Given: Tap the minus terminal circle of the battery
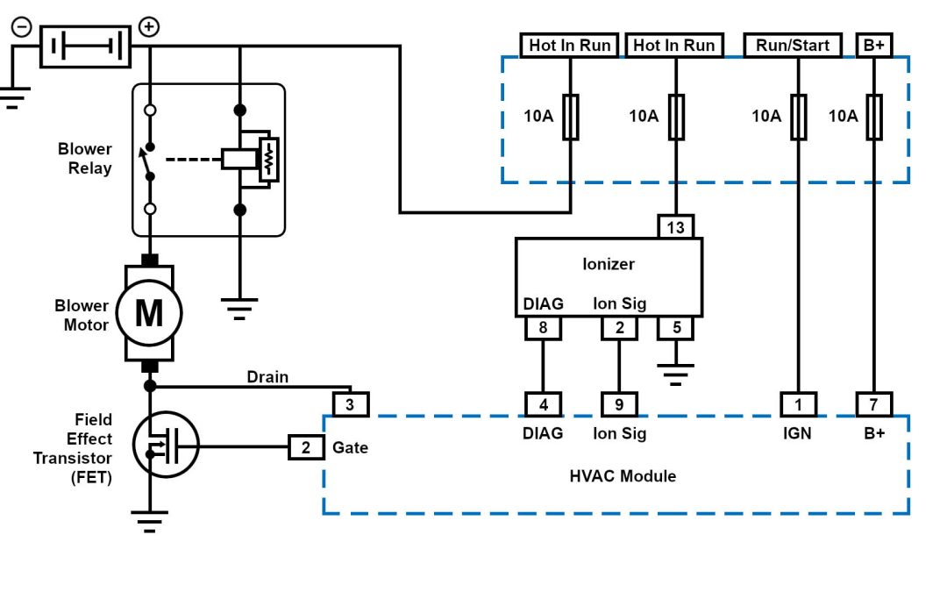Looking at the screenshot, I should pos(20,27).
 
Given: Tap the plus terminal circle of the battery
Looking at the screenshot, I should pos(150,27).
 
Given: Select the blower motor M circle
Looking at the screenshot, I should pos(149,313).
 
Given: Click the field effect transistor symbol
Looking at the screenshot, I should pos(166,445).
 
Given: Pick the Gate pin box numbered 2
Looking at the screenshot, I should pos(306,448).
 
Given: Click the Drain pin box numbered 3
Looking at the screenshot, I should pos(351,404).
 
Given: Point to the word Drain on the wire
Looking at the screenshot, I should pos(267,377).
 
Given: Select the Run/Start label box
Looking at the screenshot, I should pos(793,45).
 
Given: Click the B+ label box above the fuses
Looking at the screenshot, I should pos(873,45).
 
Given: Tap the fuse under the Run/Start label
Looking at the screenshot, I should pos(799,117).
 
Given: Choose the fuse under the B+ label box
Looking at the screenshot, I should pos(873,117).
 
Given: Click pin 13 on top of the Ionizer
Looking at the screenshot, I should pos(676,227).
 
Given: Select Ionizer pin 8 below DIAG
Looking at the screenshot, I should pos(544,328).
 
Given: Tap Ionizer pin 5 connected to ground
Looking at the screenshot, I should pos(676,328).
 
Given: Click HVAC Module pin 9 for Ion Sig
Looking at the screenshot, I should pos(619,404).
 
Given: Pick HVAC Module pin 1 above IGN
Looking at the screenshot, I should pos(799,404).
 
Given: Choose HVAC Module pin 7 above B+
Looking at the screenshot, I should pos(873,404).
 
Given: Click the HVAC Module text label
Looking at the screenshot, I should pos(623,476).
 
